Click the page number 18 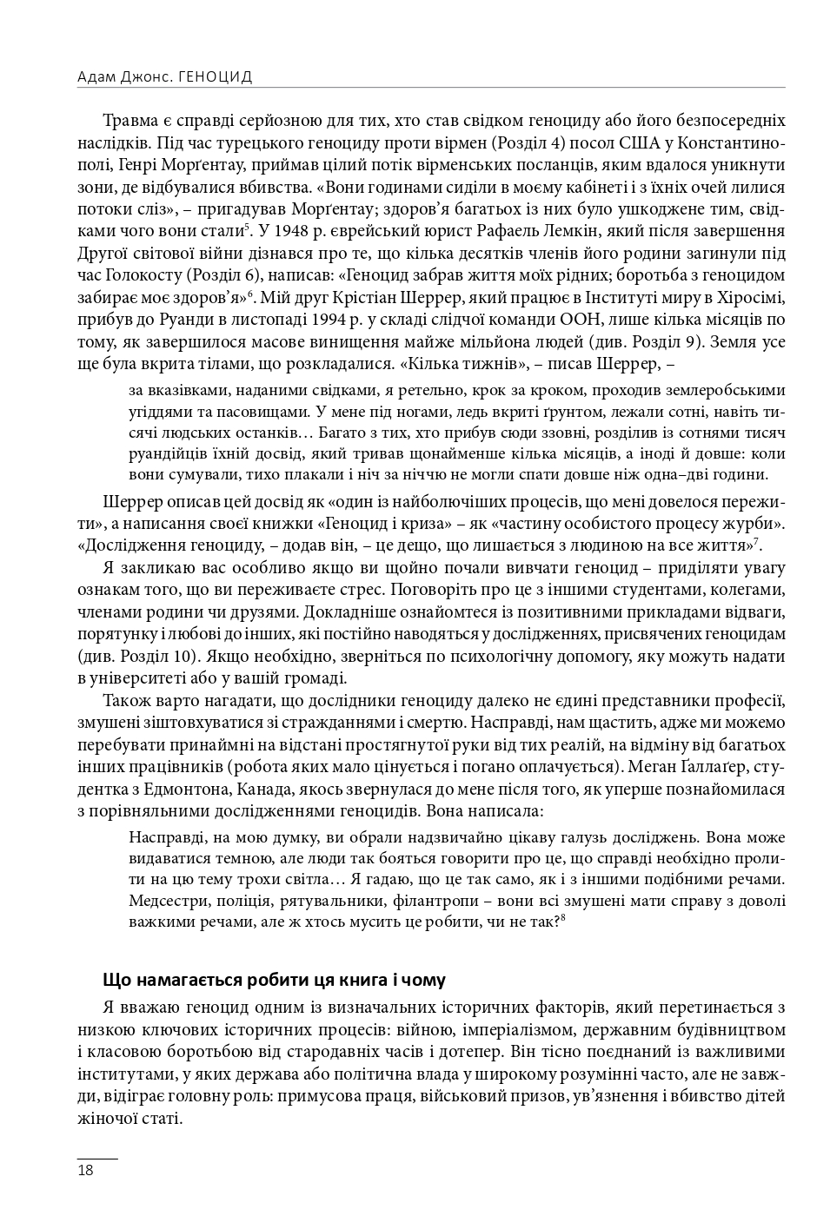85,1170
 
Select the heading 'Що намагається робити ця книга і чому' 274,980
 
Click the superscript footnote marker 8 563,917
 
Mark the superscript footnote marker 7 756,542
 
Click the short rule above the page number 96,1159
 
